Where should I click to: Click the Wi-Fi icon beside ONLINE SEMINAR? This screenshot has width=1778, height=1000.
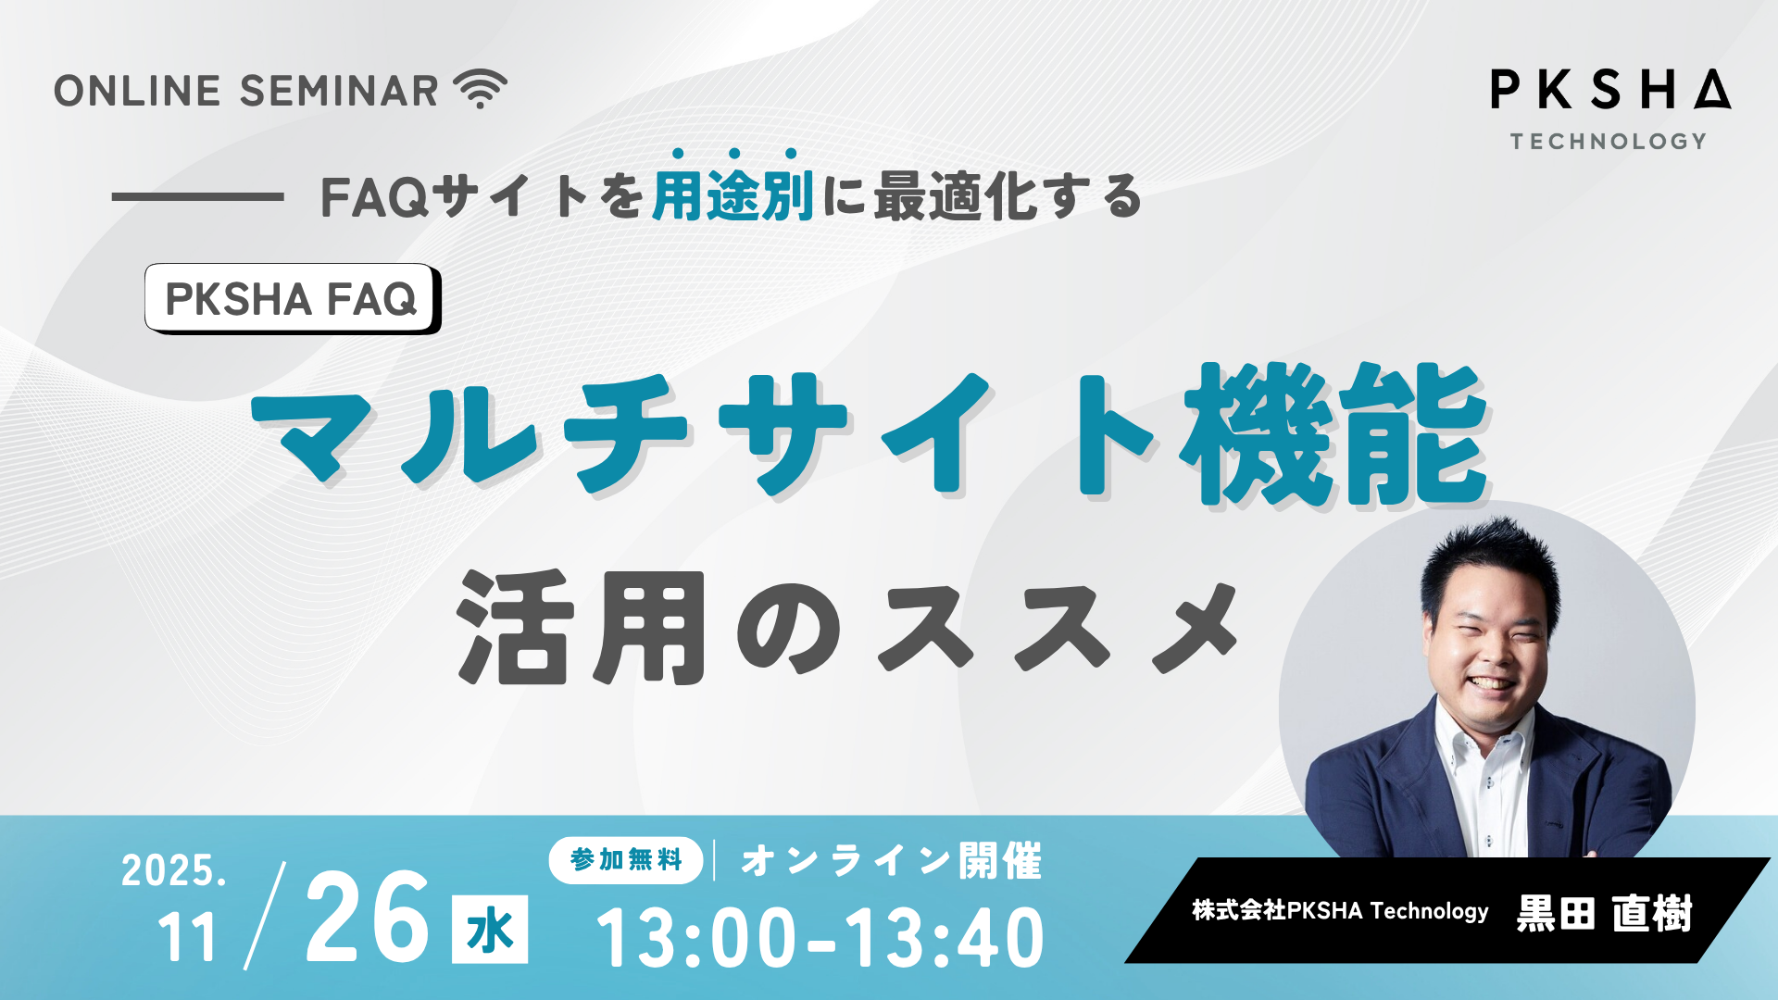tap(480, 90)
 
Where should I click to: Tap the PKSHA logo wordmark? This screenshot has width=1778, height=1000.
tap(1610, 90)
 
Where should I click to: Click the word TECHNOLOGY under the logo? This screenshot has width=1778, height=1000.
tap(1609, 142)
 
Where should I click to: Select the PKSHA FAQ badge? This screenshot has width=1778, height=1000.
tap(293, 298)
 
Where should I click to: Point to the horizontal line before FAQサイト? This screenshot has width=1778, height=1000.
tap(197, 196)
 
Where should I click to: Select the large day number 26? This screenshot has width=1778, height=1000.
tap(368, 918)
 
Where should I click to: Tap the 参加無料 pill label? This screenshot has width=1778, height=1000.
tap(626, 860)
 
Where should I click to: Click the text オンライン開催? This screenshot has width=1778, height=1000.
tap(892, 860)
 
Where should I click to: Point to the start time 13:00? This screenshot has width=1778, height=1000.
tap(696, 937)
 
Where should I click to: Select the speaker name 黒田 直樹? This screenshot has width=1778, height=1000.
tap(1605, 913)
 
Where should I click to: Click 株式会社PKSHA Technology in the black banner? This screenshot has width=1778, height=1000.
tap(1340, 911)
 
